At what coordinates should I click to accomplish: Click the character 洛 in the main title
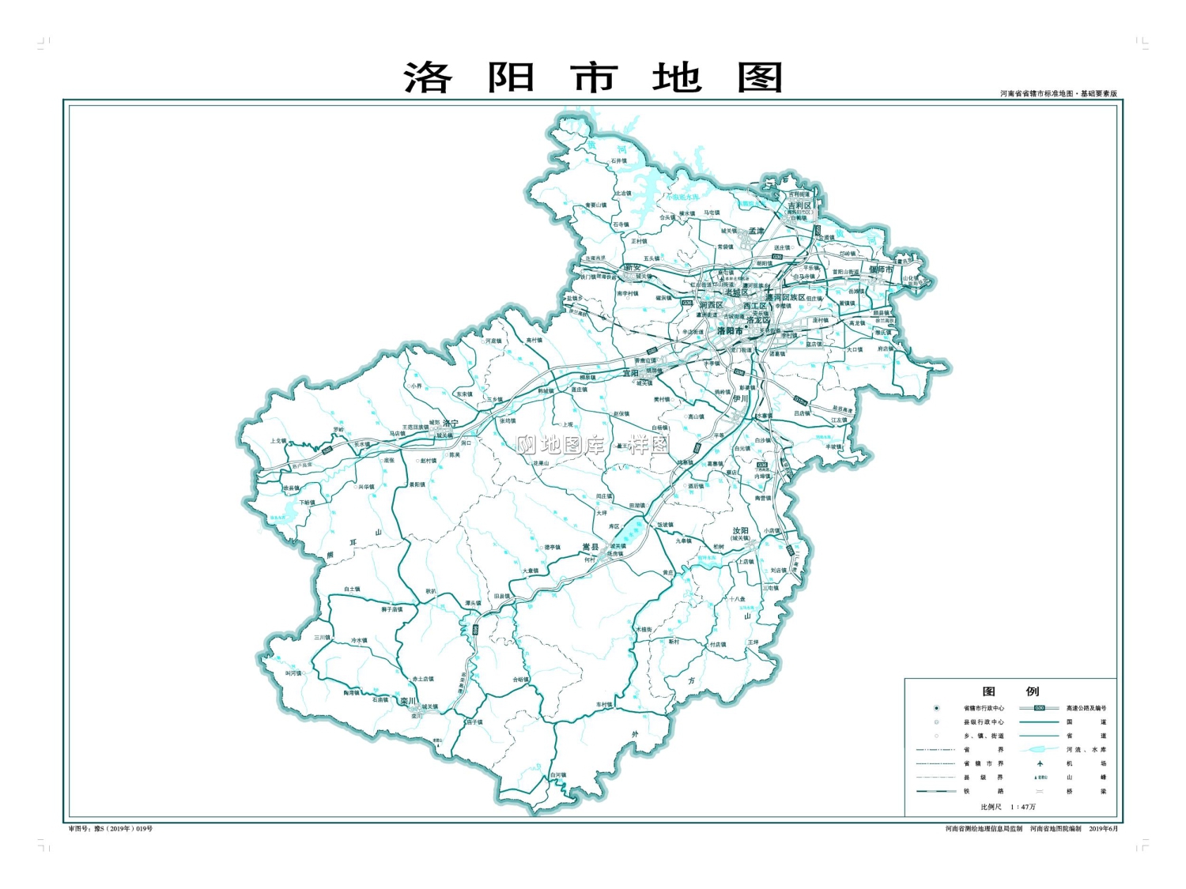428,78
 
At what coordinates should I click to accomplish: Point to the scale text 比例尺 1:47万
1008,807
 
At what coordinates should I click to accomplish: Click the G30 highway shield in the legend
1039,708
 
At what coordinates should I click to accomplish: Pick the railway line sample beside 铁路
936,791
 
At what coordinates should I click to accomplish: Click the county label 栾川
407,701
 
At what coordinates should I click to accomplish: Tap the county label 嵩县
591,547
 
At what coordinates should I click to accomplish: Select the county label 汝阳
740,531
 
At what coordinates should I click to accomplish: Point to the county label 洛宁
451,424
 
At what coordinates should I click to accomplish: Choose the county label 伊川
740,399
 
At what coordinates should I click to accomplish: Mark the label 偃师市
881,269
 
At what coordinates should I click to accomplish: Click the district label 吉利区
799,205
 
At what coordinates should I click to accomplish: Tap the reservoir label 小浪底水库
682,197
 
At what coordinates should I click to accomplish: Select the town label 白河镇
558,775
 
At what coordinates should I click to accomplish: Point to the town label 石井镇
618,160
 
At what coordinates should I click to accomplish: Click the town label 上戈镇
278,441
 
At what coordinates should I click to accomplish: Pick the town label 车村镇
604,705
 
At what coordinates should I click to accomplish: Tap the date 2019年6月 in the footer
1104,829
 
